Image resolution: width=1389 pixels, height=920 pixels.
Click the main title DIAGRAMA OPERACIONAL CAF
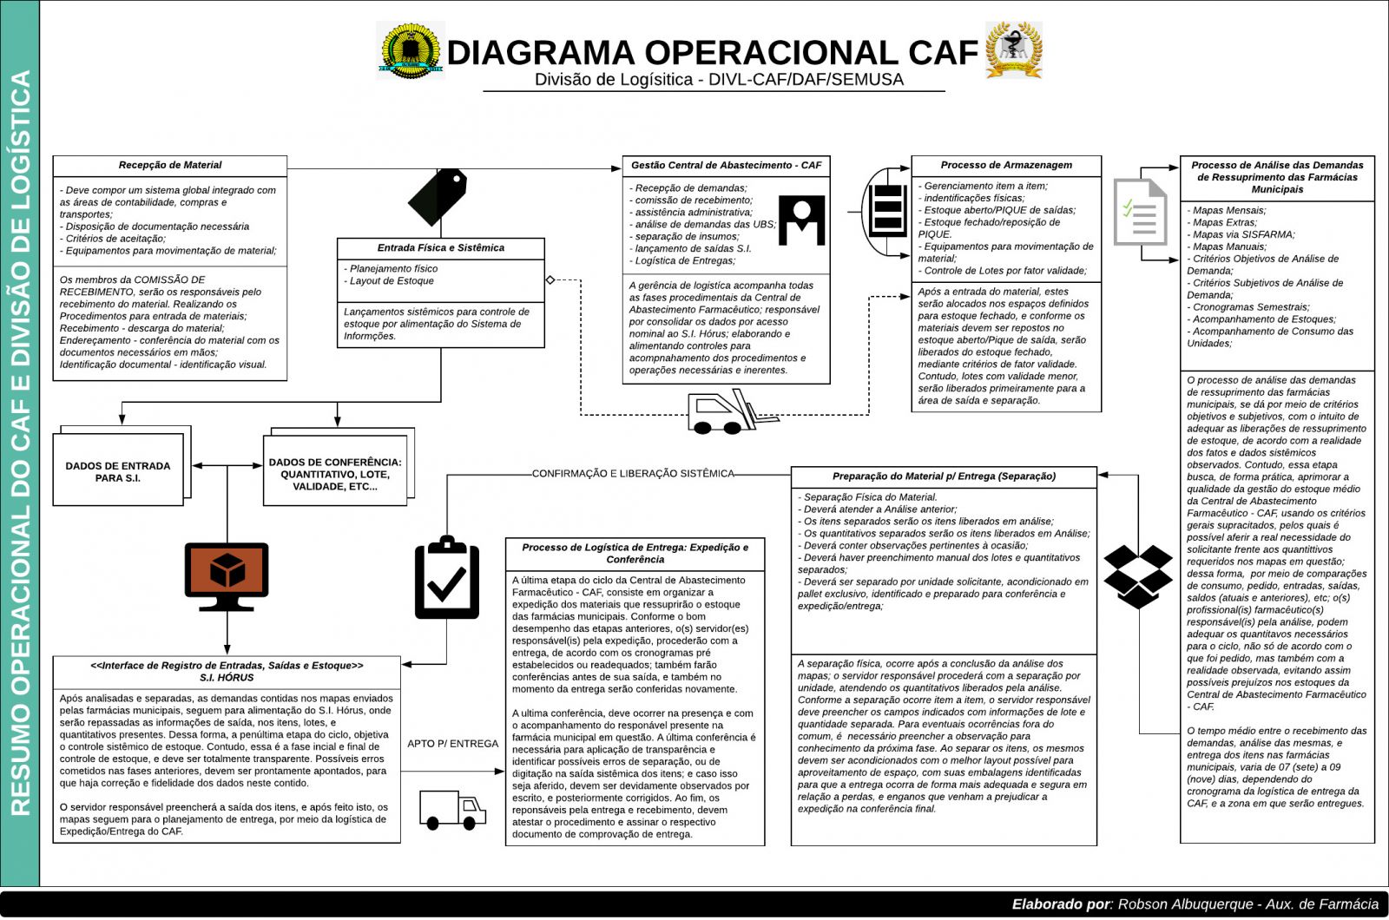click(x=712, y=52)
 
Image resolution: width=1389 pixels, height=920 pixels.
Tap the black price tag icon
click(x=438, y=196)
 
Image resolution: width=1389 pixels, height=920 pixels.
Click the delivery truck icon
click(x=452, y=810)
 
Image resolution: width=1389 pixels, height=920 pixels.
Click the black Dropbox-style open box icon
click(x=1138, y=576)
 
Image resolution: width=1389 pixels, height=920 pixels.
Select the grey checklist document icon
click(x=1140, y=211)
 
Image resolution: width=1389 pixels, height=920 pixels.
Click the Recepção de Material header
click(x=170, y=165)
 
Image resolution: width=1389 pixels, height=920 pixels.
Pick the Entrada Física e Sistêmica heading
click(x=440, y=248)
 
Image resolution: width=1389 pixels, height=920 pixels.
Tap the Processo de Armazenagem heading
click(x=1006, y=165)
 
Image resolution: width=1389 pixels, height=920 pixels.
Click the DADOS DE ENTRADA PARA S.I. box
click(x=118, y=472)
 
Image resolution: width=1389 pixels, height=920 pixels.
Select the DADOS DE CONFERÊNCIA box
click(x=335, y=475)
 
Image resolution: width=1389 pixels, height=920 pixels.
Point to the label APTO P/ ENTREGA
click(x=453, y=744)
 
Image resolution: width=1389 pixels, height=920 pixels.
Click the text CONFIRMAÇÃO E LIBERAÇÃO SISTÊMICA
click(x=633, y=474)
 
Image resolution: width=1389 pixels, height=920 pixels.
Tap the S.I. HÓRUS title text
click(x=227, y=678)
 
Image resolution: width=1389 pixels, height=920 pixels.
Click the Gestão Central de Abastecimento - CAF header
click(x=726, y=165)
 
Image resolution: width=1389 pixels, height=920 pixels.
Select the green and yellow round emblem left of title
click(x=410, y=50)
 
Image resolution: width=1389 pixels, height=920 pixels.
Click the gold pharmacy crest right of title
click(x=1013, y=49)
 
